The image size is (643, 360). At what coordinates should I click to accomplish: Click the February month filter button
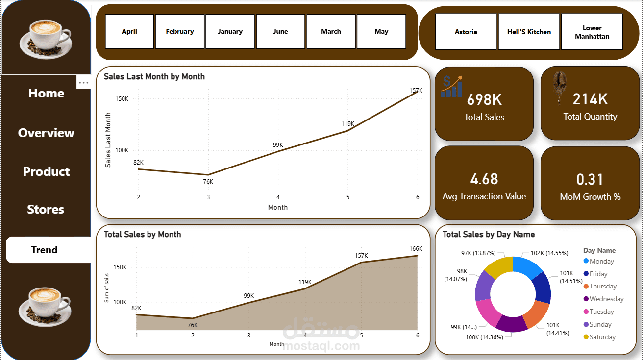179,32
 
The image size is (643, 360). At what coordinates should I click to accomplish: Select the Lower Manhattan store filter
592,32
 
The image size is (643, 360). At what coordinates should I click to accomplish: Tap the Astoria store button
466,32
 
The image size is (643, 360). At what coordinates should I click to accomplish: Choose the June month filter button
280,32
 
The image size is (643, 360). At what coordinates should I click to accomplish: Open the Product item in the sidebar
46,172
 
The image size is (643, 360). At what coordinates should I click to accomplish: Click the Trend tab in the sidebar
45,250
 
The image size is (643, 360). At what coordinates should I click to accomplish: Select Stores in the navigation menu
46,210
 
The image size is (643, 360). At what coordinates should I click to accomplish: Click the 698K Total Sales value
484,100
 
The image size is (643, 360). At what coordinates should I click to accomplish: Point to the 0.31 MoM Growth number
590,180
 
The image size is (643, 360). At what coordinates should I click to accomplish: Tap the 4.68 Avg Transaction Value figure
484,179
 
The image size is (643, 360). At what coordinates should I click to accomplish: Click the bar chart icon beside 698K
451,87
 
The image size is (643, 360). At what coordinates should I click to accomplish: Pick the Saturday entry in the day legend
602,337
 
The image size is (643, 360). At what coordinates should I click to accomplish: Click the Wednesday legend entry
606,299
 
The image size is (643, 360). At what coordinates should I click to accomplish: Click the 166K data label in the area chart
416,249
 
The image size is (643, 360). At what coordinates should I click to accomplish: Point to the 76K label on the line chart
208,182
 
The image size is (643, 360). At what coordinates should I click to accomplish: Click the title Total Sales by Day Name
488,235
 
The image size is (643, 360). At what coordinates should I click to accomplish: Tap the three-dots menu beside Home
84,83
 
